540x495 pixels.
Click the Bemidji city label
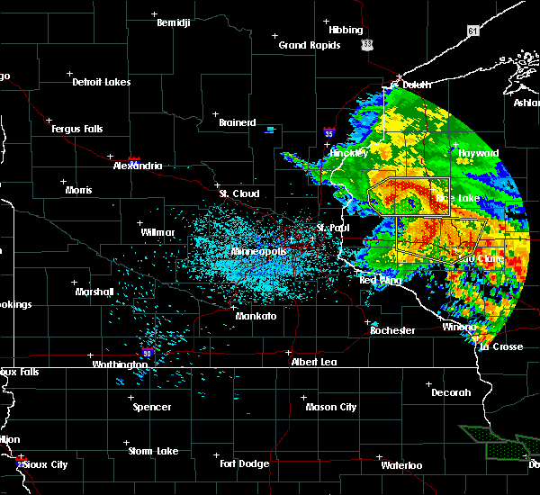(x=174, y=22)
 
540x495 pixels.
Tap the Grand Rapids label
(x=309, y=45)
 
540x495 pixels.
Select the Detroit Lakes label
(x=101, y=82)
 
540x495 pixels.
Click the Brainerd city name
(x=237, y=122)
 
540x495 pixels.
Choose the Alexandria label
(x=138, y=166)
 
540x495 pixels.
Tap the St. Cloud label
(x=239, y=193)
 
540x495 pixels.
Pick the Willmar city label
(x=157, y=232)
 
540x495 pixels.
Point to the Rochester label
(x=392, y=330)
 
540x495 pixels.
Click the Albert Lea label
(x=314, y=362)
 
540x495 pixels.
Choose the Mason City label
(x=330, y=407)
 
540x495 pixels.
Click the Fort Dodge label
(x=246, y=463)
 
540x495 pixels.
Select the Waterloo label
(x=400, y=465)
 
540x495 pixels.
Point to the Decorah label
(x=451, y=392)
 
